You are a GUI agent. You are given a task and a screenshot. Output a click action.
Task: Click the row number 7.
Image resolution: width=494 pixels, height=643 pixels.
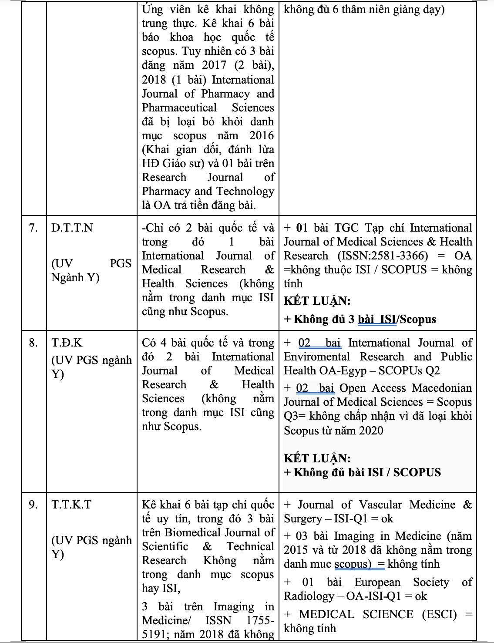click(33, 228)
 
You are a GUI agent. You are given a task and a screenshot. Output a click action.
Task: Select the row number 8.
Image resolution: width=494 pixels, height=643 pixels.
click(33, 343)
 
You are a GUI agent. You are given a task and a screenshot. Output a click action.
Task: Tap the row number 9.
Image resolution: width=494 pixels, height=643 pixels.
click(33, 505)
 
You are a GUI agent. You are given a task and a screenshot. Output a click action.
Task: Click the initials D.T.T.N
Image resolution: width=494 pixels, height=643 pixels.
click(72, 228)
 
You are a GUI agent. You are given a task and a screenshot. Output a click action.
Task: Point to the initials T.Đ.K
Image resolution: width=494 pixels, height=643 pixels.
click(67, 343)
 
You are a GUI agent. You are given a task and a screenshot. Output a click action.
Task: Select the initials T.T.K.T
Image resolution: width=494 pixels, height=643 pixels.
click(71, 505)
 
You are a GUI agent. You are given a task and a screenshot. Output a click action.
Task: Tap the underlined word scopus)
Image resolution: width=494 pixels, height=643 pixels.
click(353, 564)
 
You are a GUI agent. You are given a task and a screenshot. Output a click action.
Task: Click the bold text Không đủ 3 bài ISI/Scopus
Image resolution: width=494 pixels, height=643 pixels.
click(365, 320)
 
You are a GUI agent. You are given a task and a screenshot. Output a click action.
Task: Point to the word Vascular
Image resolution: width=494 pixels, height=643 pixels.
click(378, 505)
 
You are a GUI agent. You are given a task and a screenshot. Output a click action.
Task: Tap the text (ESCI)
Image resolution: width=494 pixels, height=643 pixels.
click(439, 614)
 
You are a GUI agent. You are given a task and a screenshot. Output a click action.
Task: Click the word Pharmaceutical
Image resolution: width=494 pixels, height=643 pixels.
click(179, 108)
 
